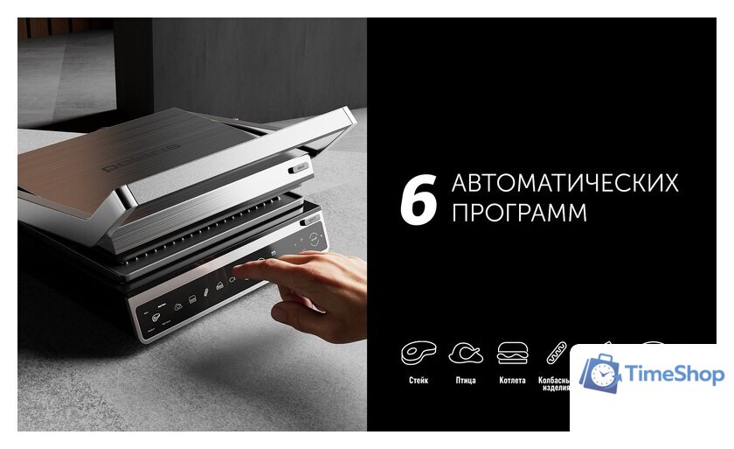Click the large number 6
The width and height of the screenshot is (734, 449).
pyautogui.click(x=418, y=199)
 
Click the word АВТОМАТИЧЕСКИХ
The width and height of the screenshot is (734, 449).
pyautogui.click(x=564, y=184)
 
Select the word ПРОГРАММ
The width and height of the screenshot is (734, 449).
pyautogui.click(x=519, y=214)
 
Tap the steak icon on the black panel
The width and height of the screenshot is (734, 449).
pyautogui.click(x=418, y=353)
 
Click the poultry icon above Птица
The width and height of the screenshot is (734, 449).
pyautogui.click(x=466, y=353)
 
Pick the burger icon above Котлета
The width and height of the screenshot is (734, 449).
pyautogui.click(x=512, y=353)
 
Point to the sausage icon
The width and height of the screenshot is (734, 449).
pyautogui.click(x=557, y=353)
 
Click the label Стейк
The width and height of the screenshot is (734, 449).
pyautogui.click(x=418, y=381)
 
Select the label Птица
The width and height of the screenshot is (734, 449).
pyautogui.click(x=466, y=381)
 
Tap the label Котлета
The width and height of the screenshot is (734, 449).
pyautogui.click(x=512, y=381)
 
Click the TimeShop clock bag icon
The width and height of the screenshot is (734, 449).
pyautogui.click(x=599, y=375)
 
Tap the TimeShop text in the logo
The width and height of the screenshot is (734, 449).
pyautogui.click(x=674, y=375)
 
